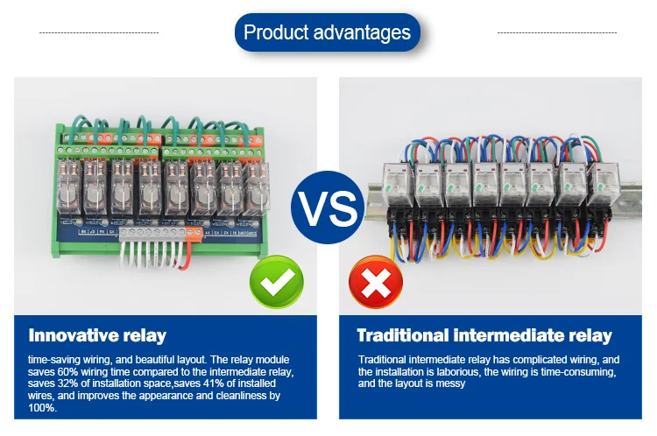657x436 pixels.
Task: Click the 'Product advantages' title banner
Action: [x=327, y=33]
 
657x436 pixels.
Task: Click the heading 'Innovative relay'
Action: [x=97, y=335]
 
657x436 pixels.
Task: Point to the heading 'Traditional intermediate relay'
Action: [x=484, y=335]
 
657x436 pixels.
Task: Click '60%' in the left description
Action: [x=80, y=372]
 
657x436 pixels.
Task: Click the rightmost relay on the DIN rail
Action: [x=607, y=186]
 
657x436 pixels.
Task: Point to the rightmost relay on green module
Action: [x=257, y=188]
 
